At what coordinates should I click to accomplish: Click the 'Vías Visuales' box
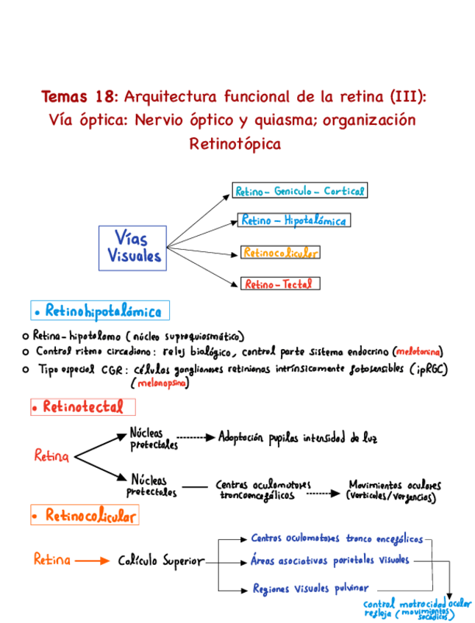[x=132, y=248]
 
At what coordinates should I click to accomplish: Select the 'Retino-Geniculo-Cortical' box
[x=299, y=191]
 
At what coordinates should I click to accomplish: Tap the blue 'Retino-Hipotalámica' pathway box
[x=293, y=220]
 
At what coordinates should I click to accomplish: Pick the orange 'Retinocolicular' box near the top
[x=280, y=252]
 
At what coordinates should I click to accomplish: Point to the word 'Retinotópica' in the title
[x=235, y=144]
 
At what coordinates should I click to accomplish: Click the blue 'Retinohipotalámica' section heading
[x=99, y=311]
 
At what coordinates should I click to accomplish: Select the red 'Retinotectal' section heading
[x=82, y=406]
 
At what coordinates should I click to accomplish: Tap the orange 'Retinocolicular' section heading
[x=86, y=516]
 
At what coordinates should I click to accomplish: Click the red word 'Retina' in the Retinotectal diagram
[x=51, y=456]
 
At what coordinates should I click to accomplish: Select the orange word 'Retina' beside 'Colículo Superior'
[x=52, y=560]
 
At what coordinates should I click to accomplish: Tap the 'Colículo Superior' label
[x=161, y=561]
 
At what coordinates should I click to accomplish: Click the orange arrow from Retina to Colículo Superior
[x=91, y=561]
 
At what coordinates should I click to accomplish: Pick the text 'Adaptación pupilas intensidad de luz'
[x=299, y=438]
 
